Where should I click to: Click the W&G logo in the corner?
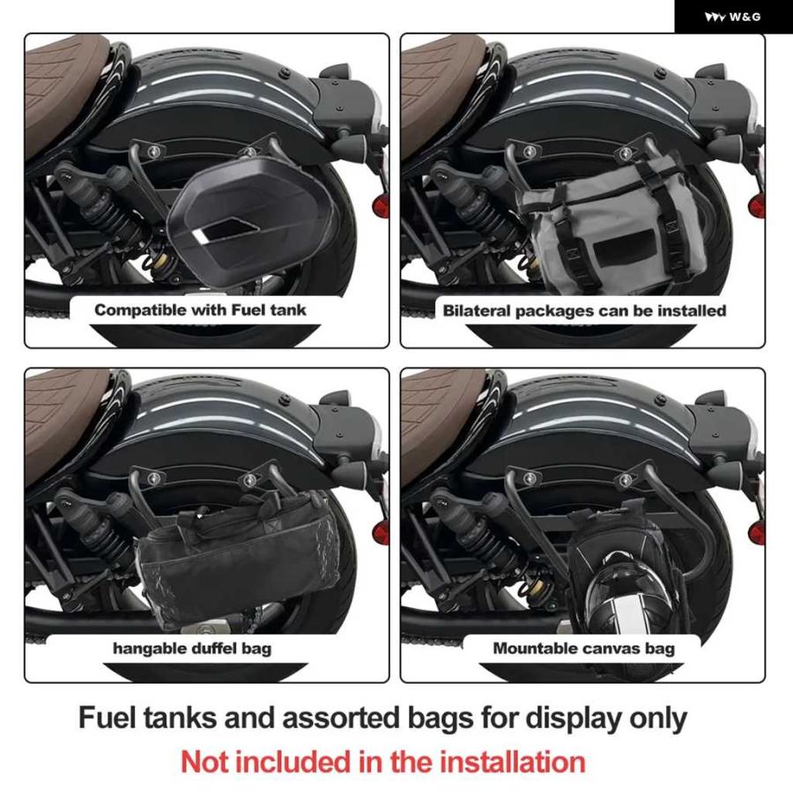pos(732,17)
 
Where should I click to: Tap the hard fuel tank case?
pos(248,216)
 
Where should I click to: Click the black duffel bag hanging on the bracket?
pos(238,556)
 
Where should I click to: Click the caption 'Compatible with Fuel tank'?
pos(200,309)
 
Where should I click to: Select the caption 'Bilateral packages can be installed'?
pos(584,310)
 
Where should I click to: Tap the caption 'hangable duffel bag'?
pos(192,648)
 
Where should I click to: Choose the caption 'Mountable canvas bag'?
pos(583,648)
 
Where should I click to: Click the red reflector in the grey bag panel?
pos(756,204)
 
